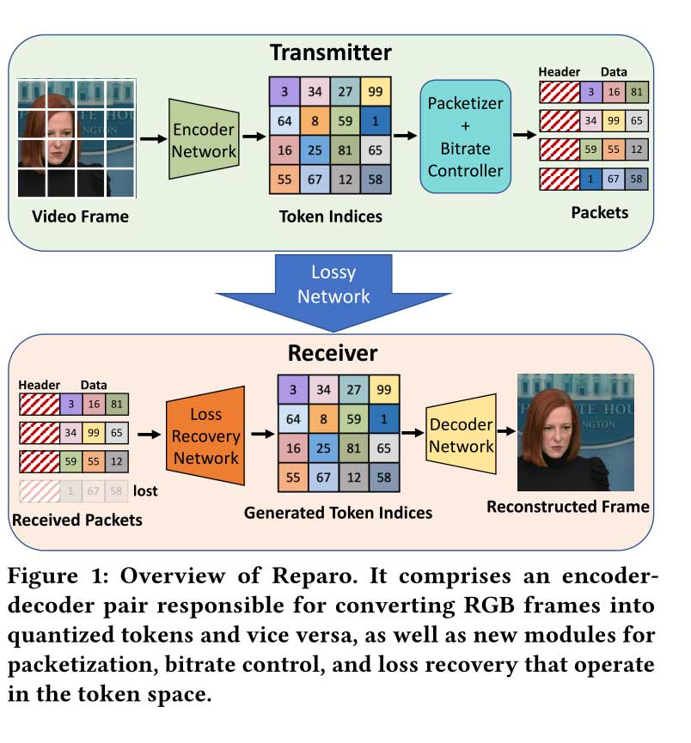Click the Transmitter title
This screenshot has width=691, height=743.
331,52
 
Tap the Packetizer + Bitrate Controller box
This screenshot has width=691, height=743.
466,137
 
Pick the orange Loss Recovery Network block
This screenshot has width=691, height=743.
205,435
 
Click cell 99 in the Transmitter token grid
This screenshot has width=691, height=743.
374,92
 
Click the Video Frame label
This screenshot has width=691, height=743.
80,216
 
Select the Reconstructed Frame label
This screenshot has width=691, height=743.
568,507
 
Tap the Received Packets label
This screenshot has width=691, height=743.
77,519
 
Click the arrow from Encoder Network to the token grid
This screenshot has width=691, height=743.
253,136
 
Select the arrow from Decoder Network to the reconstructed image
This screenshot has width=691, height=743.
506,435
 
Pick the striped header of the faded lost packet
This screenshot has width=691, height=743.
39,491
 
